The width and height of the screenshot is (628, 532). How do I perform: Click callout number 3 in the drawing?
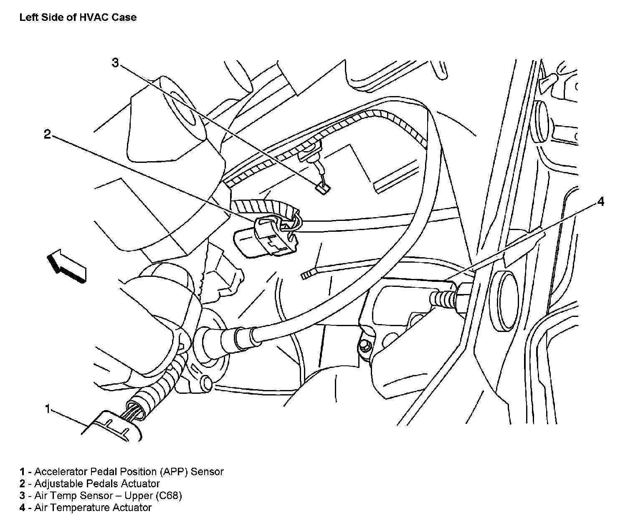[115, 63]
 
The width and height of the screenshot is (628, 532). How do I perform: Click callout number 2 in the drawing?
[48, 134]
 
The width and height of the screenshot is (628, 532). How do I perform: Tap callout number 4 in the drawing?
[601, 201]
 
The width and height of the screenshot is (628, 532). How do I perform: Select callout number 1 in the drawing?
[48, 409]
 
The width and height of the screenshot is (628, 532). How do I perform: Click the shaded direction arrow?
[67, 266]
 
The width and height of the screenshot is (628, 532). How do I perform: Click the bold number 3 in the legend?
[22, 496]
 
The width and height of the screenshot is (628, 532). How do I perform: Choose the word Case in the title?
[124, 17]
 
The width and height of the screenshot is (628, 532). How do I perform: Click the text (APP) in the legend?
[172, 471]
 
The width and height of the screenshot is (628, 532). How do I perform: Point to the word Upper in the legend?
[139, 496]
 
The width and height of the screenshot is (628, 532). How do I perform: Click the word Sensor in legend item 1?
[207, 471]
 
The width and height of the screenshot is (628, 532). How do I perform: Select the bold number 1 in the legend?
[22, 471]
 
